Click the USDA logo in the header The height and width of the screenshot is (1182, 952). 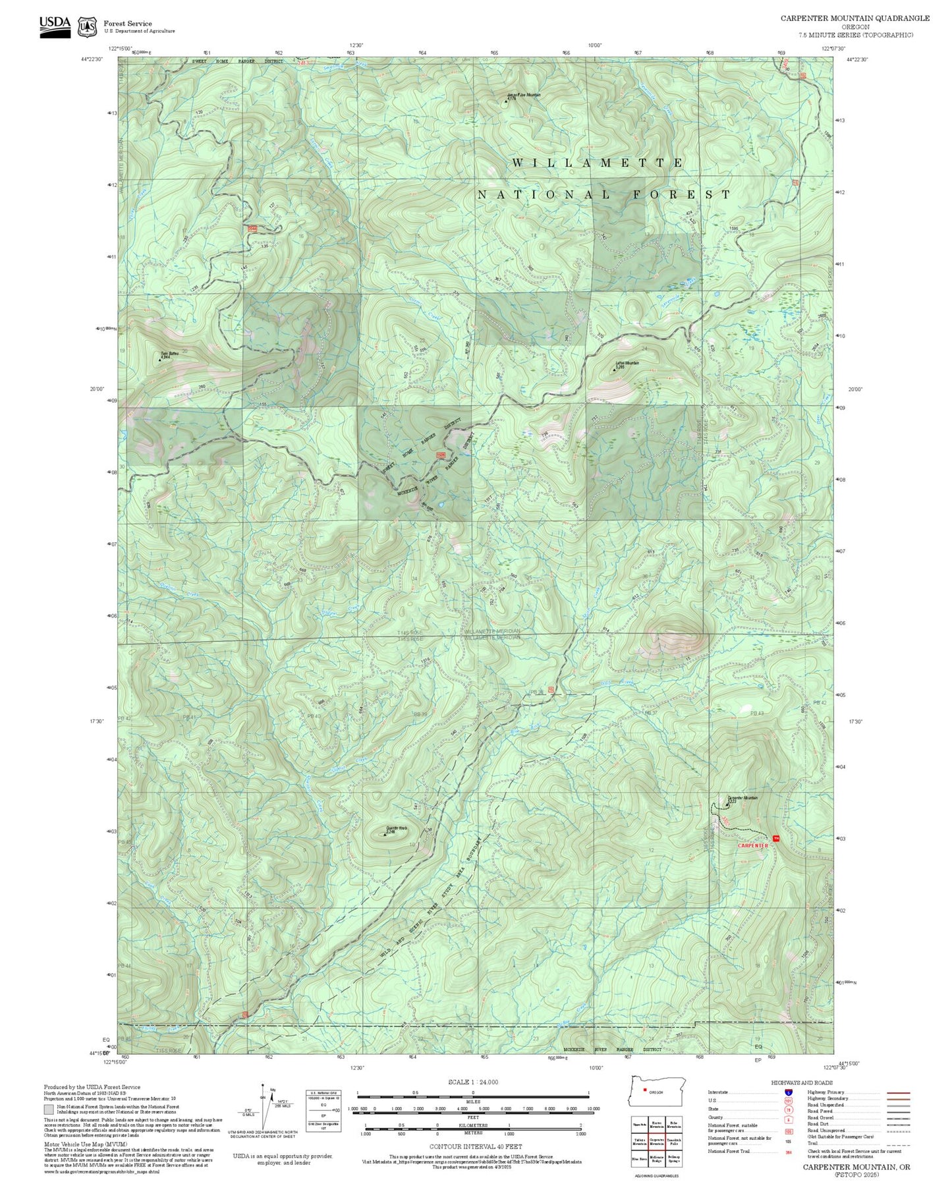coord(55,26)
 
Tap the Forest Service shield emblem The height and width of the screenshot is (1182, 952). coord(87,27)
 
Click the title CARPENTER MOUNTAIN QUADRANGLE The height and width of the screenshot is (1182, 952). coord(855,18)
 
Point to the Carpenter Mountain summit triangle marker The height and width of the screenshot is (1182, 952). coord(727,804)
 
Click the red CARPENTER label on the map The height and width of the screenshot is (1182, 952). coord(752,845)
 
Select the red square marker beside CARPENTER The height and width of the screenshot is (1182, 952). coord(775,838)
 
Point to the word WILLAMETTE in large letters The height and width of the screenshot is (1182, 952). coord(598,163)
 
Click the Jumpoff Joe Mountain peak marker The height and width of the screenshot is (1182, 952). coord(506,101)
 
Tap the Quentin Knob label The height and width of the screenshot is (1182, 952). coord(396,830)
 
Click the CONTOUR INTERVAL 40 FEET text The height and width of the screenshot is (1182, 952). coord(475,1146)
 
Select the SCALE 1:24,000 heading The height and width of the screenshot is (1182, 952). coord(472,1082)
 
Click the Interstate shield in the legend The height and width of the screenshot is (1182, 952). coord(789,1092)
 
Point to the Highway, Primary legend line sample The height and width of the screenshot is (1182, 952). coord(899,1092)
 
